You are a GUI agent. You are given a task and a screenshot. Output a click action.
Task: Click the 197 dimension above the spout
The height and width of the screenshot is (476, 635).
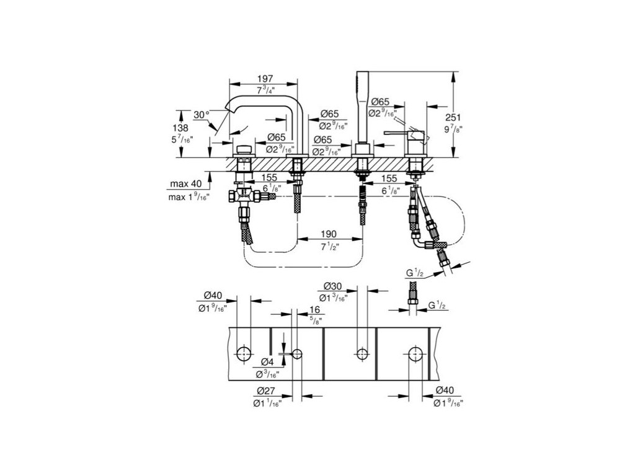click(x=266, y=79)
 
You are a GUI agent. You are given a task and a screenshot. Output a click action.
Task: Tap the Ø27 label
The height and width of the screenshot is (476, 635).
click(x=265, y=391)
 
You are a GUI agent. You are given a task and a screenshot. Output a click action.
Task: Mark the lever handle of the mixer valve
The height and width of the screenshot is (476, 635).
click(x=397, y=133)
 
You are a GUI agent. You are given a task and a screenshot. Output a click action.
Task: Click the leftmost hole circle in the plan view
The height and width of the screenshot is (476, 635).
click(x=244, y=353)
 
